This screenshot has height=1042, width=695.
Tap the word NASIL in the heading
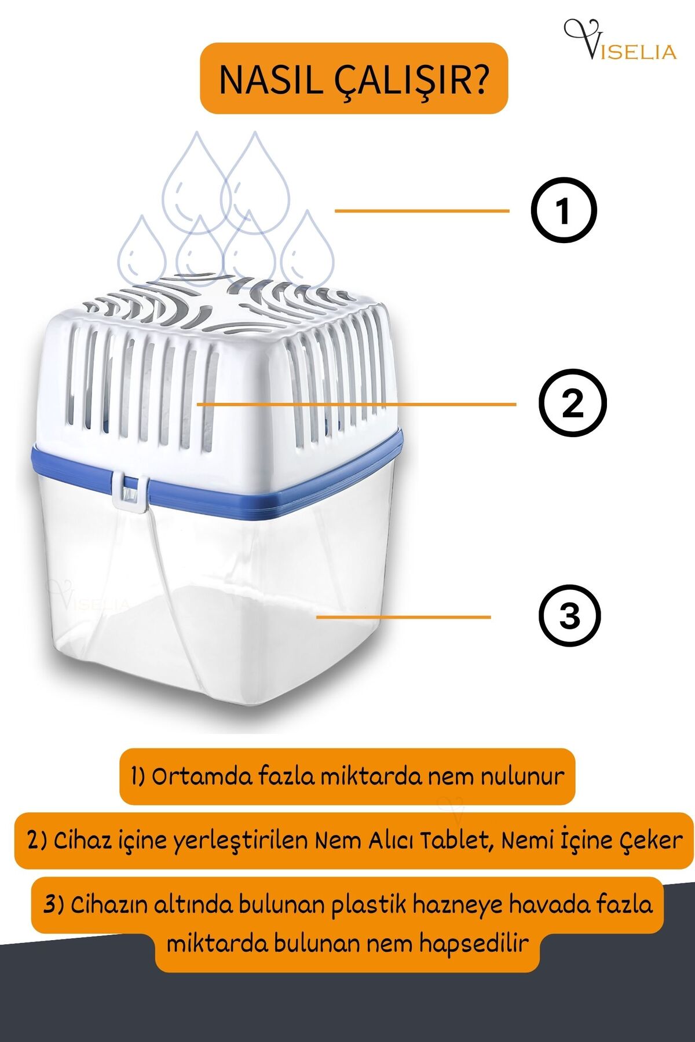(x=271, y=80)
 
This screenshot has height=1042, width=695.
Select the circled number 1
(x=564, y=210)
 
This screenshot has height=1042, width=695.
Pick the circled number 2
(x=572, y=403)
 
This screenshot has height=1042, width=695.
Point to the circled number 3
(x=570, y=615)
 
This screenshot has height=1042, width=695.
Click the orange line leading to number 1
(x=422, y=211)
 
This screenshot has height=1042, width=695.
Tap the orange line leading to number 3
(x=404, y=617)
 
